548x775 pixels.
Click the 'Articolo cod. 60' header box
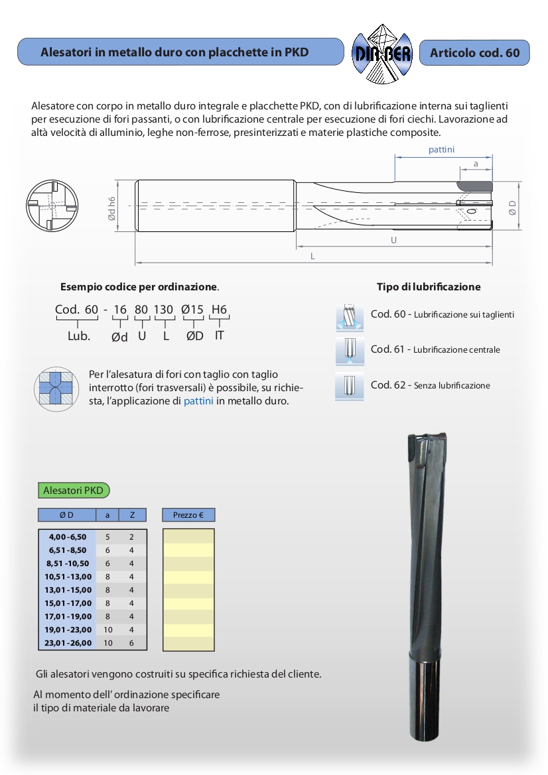(474, 52)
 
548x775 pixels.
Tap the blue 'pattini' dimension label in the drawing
(441, 150)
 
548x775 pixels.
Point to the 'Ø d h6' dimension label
(112, 208)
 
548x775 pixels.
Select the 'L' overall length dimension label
(312, 256)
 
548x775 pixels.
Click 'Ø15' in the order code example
(193, 309)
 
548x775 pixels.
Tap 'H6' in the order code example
(219, 309)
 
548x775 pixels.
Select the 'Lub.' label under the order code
(78, 336)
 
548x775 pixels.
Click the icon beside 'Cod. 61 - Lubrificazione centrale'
(350, 351)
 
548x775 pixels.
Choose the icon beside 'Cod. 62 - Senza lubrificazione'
(350, 386)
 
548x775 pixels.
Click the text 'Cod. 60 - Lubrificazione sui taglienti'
(442, 314)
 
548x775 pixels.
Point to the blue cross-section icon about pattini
(56, 388)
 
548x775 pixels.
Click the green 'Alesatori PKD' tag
(73, 491)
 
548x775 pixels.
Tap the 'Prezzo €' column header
(188, 515)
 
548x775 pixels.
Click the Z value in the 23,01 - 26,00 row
(132, 642)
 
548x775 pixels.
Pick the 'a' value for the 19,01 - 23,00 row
(107, 629)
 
